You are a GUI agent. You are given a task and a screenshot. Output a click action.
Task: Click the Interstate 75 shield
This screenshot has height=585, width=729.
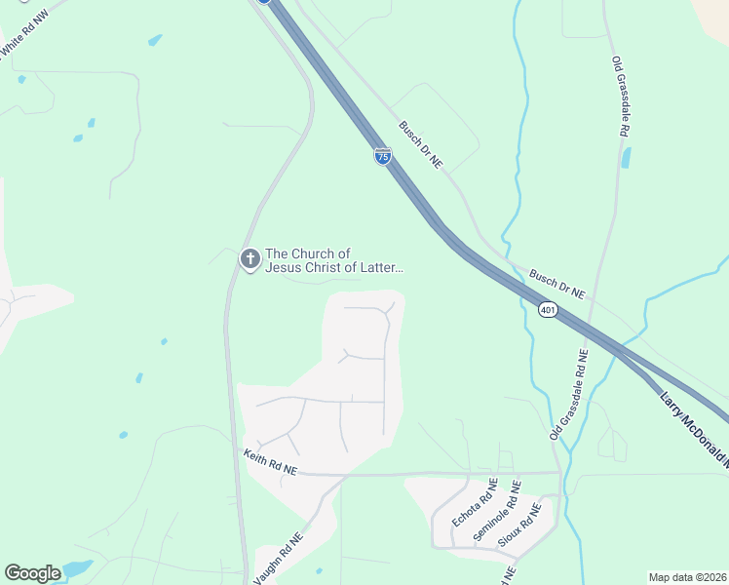pos(383,156)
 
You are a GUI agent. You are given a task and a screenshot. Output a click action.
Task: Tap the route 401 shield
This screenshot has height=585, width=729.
pos(548,310)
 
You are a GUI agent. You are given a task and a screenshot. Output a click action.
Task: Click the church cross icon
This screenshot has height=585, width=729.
pos(249,259)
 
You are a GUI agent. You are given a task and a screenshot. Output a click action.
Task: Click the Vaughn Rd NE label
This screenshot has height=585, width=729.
pos(279,558)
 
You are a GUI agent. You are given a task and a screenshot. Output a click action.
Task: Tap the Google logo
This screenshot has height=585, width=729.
pos(33,573)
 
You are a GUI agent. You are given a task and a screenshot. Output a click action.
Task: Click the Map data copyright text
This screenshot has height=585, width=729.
pos(687,577)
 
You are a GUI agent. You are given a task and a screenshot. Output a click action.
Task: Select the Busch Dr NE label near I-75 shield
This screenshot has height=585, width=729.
pos(420,143)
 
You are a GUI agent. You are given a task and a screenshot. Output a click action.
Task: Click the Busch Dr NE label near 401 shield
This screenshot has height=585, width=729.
pos(556,285)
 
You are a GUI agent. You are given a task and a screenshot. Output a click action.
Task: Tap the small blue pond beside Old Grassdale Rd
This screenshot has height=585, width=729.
pos(626,157)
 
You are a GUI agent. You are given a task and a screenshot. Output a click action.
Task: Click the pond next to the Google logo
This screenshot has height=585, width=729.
pos(76,568)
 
